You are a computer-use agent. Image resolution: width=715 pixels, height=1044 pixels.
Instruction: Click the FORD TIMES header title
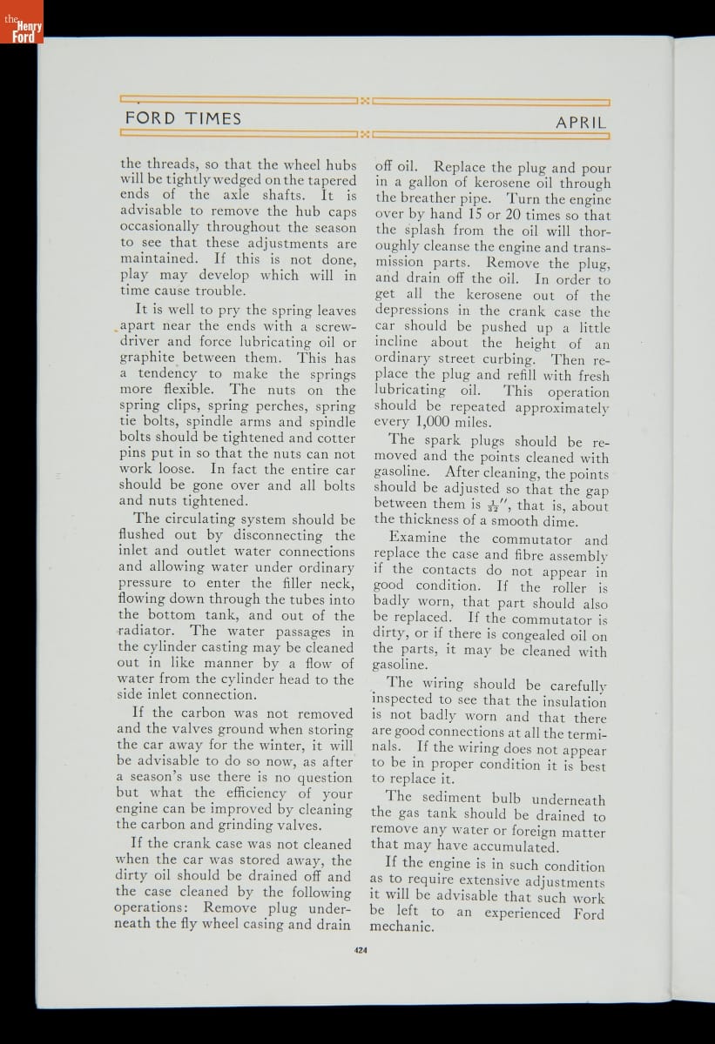183,118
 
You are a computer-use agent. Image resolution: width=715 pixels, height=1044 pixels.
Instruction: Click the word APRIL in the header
581,123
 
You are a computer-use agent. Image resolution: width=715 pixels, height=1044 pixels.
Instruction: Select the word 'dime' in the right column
558,521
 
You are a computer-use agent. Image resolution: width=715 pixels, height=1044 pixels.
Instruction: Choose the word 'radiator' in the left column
146,631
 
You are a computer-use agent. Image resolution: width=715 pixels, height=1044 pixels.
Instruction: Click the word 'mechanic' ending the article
401,927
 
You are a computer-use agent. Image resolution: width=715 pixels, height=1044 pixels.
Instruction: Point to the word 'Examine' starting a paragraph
420,539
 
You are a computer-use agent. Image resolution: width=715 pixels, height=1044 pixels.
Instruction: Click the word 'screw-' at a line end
327,326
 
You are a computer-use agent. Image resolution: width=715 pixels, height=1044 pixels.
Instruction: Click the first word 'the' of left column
131,163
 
